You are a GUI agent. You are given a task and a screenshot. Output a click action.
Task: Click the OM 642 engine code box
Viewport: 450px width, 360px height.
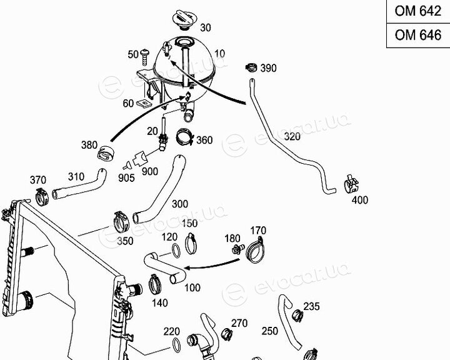click(x=418, y=11)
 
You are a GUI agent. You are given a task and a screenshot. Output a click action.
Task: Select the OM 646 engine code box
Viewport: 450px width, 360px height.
click(x=418, y=35)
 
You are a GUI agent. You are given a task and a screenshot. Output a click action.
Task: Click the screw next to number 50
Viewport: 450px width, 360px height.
click(x=145, y=57)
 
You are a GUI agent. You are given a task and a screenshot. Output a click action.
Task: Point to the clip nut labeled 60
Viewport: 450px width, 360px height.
click(x=144, y=102)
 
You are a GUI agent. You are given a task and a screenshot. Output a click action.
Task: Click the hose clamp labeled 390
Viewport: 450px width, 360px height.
click(x=251, y=67)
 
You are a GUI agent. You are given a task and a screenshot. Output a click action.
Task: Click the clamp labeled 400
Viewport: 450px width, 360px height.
click(x=351, y=184)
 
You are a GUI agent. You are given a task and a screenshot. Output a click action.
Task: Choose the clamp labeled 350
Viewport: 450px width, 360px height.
click(x=121, y=222)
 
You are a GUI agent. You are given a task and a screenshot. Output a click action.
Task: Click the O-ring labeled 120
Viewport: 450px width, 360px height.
click(x=176, y=251)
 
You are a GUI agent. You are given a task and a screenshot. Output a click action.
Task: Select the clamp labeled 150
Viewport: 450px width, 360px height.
click(x=191, y=244)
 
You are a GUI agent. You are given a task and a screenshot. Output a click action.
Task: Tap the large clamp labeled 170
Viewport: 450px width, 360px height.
click(x=256, y=251)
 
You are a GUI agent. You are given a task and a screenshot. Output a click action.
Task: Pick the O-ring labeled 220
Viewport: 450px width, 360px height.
click(x=176, y=345)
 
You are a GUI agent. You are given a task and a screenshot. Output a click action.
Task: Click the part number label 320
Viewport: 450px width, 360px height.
click(x=292, y=136)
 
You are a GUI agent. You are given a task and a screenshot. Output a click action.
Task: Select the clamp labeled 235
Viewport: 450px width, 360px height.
click(x=297, y=316)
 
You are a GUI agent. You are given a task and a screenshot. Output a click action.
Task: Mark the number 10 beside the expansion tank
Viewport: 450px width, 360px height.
click(x=219, y=54)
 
